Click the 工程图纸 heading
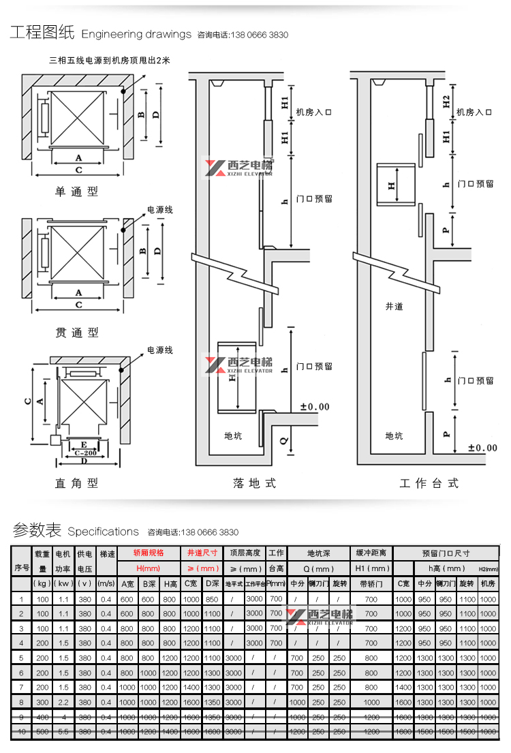[42, 33]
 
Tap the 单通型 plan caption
[76, 192]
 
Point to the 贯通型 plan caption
[76, 333]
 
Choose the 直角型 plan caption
[76, 483]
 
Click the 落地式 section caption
[254, 483]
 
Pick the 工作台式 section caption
[429, 483]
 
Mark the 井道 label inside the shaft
[394, 307]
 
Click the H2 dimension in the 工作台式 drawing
[446, 102]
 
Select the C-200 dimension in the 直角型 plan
[85, 452]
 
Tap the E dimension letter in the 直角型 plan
[82, 444]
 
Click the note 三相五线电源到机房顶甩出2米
[109, 61]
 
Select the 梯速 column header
[106, 553]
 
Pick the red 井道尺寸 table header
[202, 553]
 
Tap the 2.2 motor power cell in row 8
[63, 702]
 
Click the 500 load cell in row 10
[43, 731]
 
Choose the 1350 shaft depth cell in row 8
[212, 702]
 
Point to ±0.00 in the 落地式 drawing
[315, 407]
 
